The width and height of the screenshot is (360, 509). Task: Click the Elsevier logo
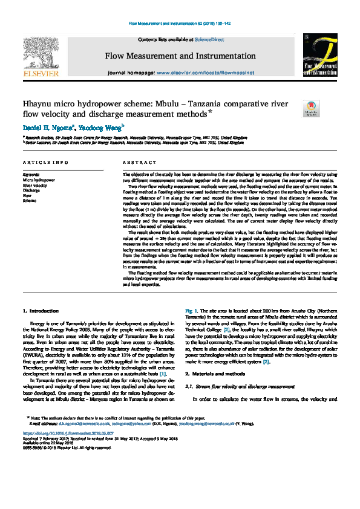click(41, 57)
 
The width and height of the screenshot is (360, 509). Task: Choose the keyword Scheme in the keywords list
click(30, 200)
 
